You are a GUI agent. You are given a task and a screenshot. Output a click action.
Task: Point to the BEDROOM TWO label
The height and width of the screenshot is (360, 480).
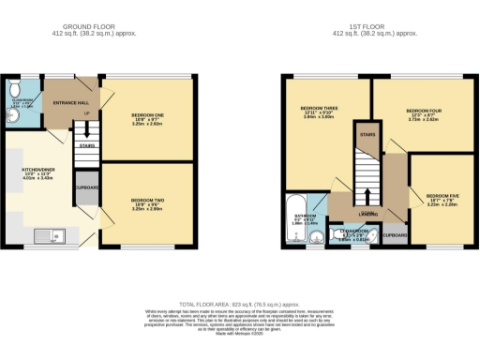[x=148, y=200]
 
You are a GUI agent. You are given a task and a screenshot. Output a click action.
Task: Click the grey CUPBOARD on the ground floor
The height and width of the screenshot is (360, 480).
[x=87, y=187]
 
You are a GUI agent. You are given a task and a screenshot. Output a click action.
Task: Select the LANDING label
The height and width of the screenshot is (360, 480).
[x=367, y=215]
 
